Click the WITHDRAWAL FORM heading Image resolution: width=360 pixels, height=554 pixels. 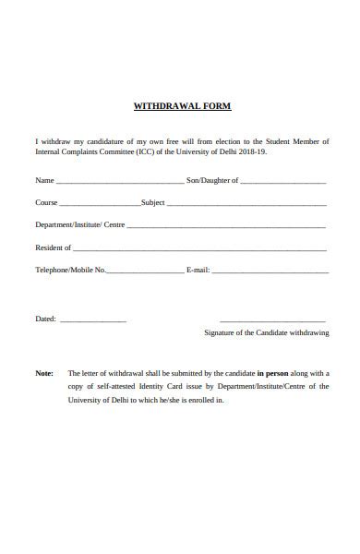click(182, 106)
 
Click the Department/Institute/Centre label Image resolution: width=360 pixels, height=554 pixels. click(79, 224)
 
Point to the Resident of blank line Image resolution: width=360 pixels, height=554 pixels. click(199, 249)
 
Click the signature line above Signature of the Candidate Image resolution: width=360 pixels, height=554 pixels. click(273, 319)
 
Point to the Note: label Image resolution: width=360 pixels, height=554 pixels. click(44, 373)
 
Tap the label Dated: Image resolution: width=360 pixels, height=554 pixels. click(46, 319)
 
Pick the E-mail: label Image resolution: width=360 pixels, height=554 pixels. click(198, 271)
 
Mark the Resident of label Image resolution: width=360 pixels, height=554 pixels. click(54, 247)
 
